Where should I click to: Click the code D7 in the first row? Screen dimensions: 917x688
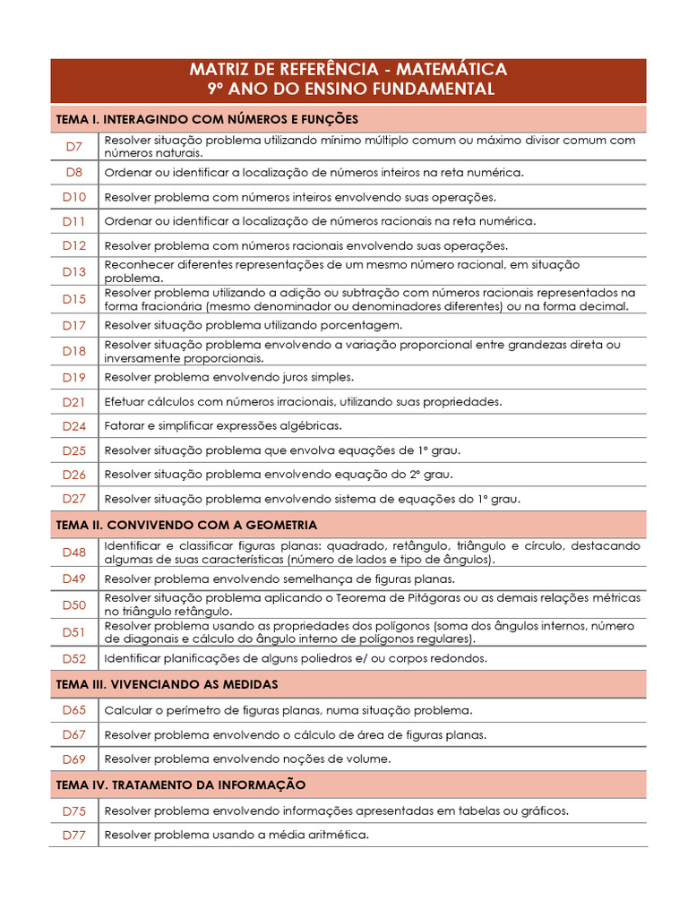(74, 146)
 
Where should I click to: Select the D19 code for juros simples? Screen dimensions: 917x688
(74, 377)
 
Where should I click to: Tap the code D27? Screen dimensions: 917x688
(74, 498)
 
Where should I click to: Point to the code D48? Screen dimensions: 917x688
(74, 553)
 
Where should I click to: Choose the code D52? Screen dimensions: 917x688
(74, 658)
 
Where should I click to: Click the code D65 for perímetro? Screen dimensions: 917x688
(74, 710)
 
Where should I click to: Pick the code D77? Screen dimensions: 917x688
(74, 834)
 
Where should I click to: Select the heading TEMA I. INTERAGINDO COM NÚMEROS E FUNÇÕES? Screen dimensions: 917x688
(207, 118)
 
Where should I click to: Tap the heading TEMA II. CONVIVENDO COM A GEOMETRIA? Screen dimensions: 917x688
(186, 525)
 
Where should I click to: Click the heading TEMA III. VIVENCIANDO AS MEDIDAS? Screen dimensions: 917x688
(167, 684)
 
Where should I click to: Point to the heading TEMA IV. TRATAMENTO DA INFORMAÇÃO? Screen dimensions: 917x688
(181, 784)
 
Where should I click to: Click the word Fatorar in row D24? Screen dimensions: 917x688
(125, 425)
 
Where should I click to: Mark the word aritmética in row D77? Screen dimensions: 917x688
(339, 834)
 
